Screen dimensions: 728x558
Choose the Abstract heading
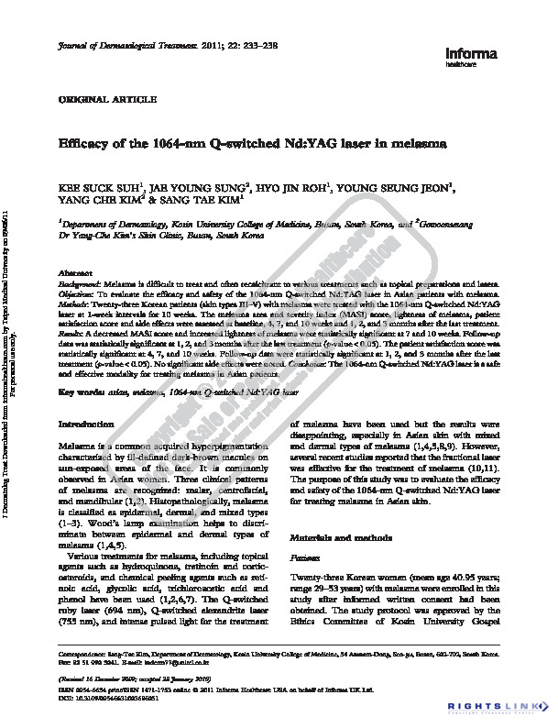click(76, 275)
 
